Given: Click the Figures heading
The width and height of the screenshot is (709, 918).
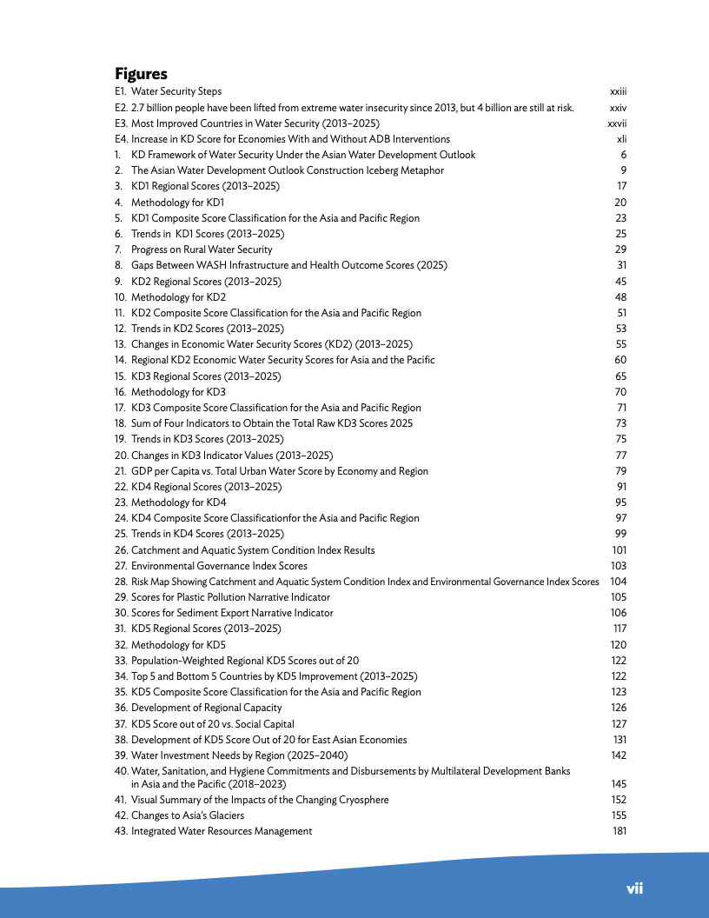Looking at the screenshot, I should tap(141, 74).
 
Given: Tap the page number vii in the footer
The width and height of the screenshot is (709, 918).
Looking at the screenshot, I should tap(635, 888).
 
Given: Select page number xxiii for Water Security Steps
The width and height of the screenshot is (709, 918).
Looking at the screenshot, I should tap(618, 91).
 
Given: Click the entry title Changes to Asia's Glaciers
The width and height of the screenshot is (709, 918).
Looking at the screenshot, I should tap(188, 815).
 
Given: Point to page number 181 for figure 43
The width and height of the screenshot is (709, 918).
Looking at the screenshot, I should tap(619, 831).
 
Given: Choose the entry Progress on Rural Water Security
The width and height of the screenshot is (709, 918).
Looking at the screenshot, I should tap(202, 249).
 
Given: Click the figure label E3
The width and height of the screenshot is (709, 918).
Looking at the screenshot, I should tap(121, 123).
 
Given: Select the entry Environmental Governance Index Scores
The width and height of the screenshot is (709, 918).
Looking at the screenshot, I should tap(219, 566).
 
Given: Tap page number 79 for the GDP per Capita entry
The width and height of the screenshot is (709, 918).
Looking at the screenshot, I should tap(621, 471).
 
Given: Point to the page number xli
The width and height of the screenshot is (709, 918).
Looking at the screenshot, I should tap(621, 139).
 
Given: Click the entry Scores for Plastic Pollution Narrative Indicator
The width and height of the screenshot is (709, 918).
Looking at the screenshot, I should tap(230, 597).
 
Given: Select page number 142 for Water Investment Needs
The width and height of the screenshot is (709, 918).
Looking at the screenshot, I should tap(619, 755).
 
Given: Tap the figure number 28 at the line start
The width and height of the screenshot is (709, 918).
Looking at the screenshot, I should tap(121, 582).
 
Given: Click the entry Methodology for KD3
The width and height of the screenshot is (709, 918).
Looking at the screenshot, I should tap(178, 392).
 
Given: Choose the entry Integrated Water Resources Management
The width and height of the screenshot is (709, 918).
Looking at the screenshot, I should tap(222, 831).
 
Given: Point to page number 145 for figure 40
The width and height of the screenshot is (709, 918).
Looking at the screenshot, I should tap(619, 784).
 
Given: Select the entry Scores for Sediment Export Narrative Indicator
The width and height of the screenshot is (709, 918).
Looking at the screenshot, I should tap(232, 613).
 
